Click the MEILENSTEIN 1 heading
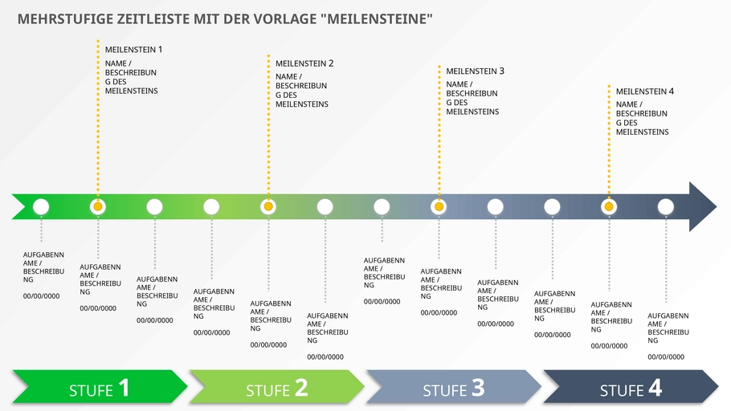pyautogui.click(x=133, y=50)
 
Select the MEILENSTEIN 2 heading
pyautogui.click(x=304, y=63)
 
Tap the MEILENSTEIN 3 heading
pyautogui.click(x=475, y=71)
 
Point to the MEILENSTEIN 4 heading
pyautogui.click(x=645, y=92)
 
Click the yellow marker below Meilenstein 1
pyautogui.click(x=98, y=207)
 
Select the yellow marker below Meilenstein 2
pyautogui.click(x=268, y=207)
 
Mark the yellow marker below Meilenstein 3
pyautogui.click(x=439, y=207)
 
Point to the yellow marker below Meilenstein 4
pyautogui.click(x=609, y=207)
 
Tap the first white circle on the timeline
pyautogui.click(x=41, y=207)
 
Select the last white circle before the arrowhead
pyautogui.click(x=666, y=207)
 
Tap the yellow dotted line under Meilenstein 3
pyautogui.click(x=439, y=136)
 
